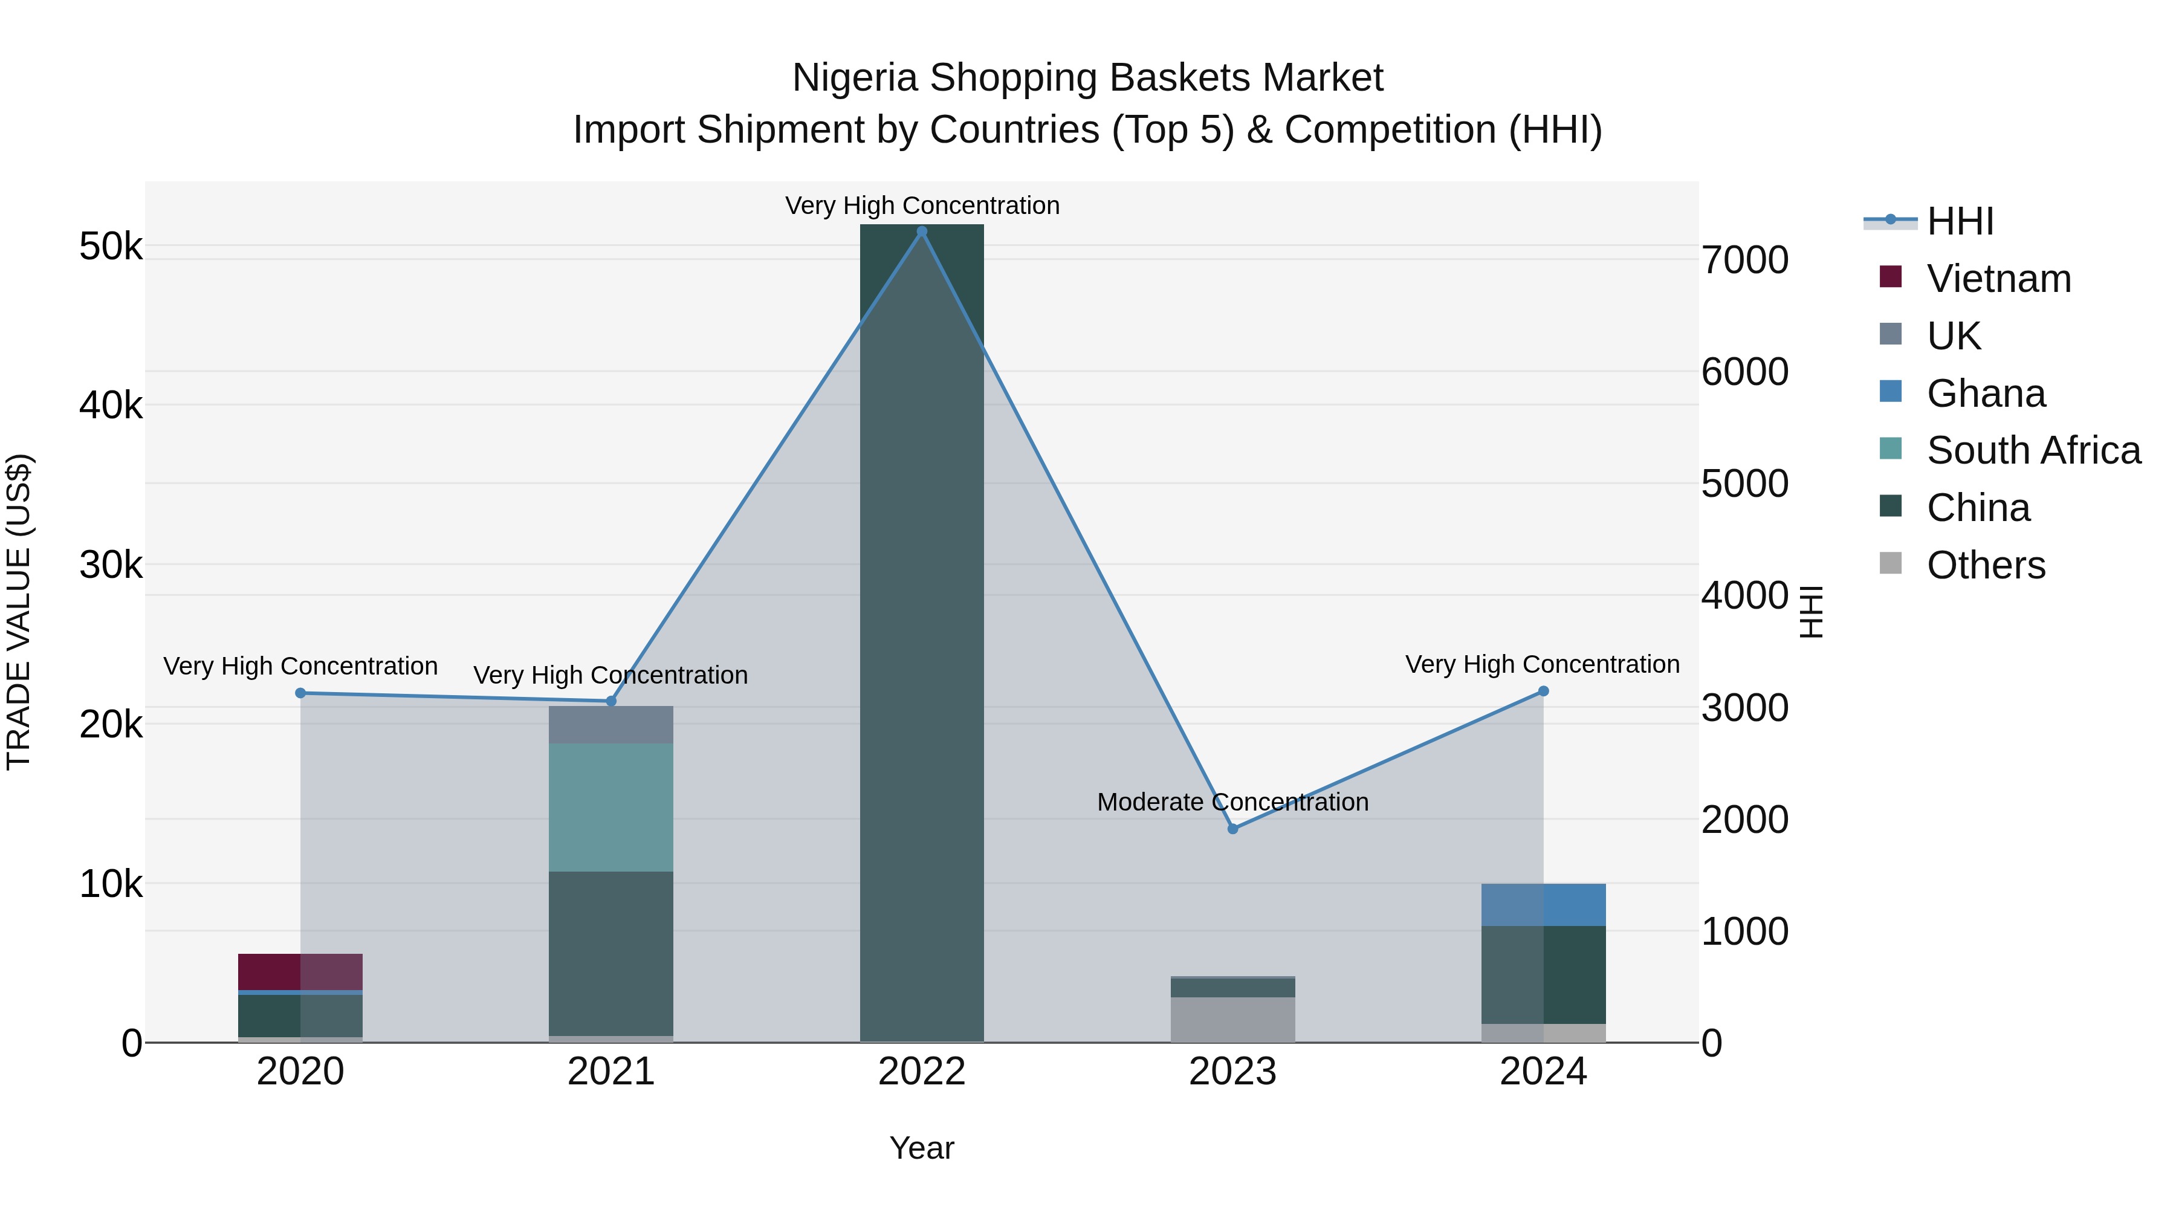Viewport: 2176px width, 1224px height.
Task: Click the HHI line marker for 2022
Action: tap(922, 232)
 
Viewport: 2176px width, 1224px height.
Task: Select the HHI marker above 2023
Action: tap(1232, 829)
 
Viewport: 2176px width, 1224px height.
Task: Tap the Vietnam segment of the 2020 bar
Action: tap(300, 971)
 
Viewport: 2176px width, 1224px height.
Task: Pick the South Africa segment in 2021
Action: tap(610, 807)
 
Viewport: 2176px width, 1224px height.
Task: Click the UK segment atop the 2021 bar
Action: tap(610, 725)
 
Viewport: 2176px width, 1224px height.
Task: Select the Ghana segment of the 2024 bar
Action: tap(1543, 905)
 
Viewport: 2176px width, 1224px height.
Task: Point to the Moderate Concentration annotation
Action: tap(1232, 801)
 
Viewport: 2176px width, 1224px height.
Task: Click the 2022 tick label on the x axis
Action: tap(922, 1072)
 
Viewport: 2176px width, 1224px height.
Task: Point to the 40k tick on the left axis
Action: tap(111, 406)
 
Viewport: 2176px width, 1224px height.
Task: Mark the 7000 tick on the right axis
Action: tap(1744, 260)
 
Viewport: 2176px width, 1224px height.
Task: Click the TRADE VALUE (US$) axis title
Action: tap(19, 612)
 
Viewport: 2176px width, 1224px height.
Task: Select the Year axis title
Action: tap(922, 1148)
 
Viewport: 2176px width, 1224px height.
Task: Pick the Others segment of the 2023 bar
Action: tap(1232, 1020)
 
